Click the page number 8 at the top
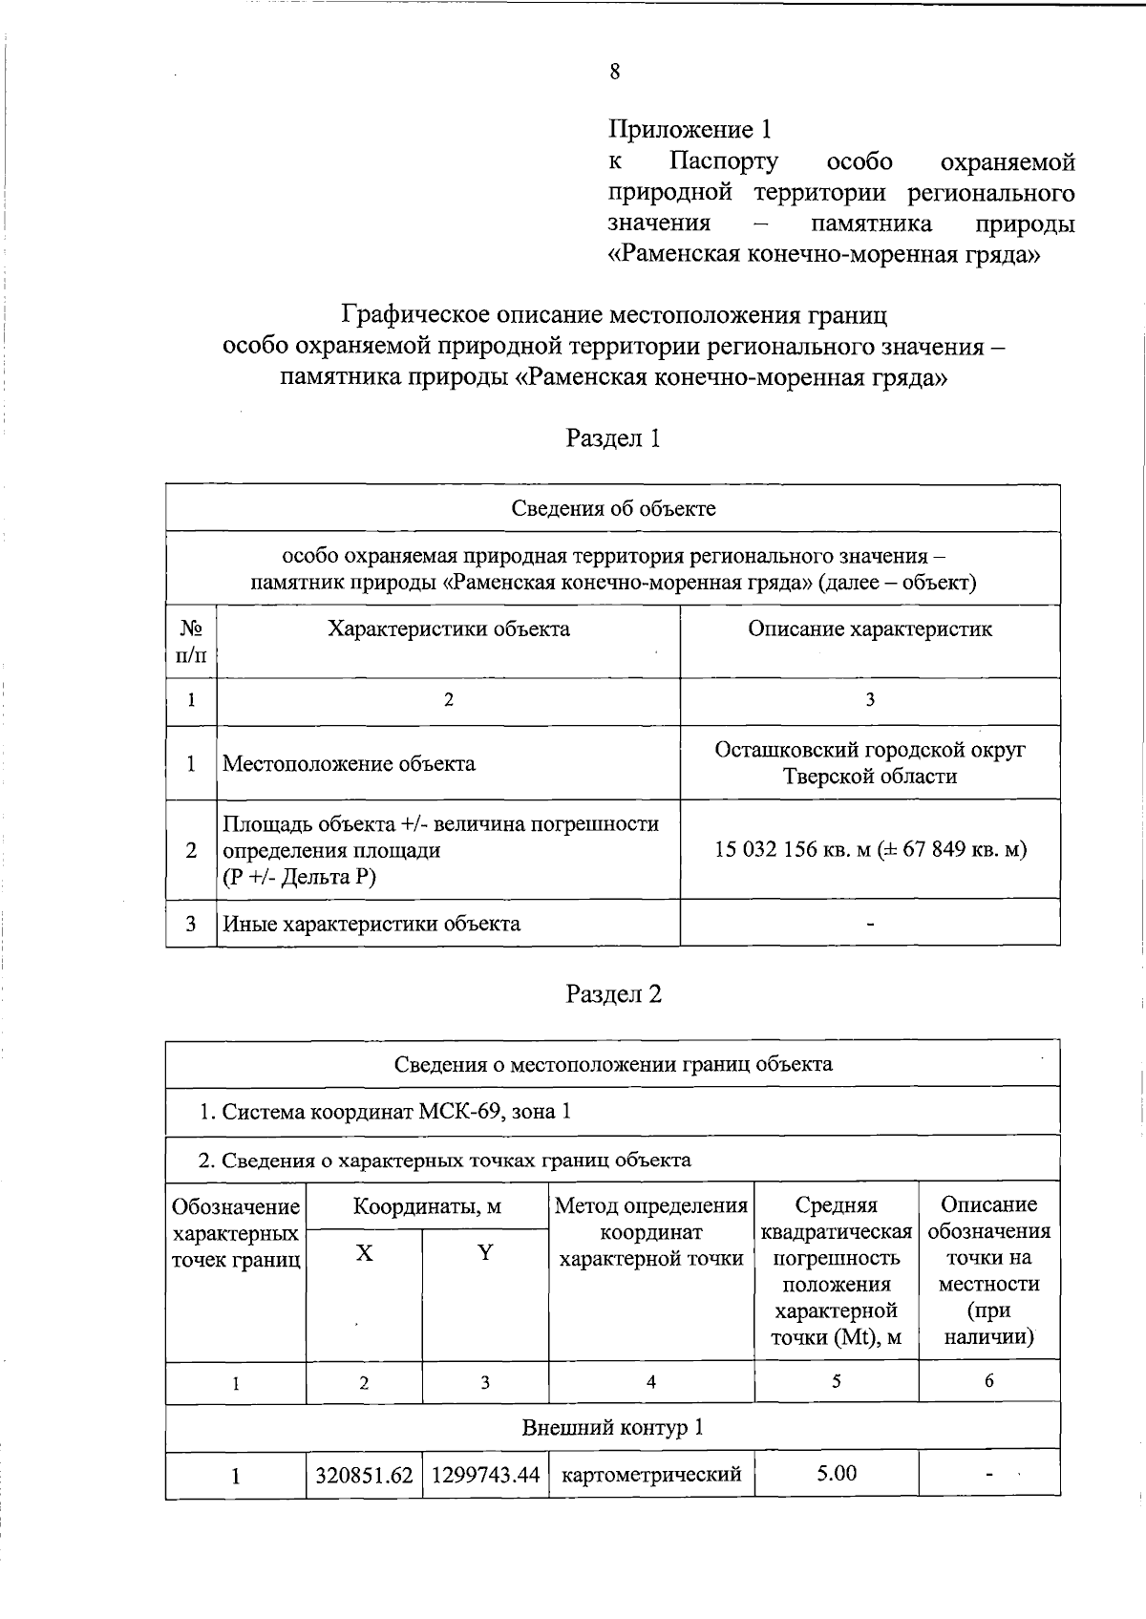[614, 73]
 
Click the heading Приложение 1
[690, 129]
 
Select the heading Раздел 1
[613, 438]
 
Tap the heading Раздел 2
[613, 994]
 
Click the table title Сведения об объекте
[613, 508]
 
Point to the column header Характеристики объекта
[449, 628]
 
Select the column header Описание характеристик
[869, 628]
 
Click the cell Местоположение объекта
[349, 764]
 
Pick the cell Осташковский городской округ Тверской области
[869, 763]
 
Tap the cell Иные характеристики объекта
[371, 924]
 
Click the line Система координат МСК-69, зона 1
[385, 1112]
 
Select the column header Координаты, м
[427, 1206]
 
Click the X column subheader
[364, 1253]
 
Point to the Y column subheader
[485, 1253]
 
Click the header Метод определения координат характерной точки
[651, 1232]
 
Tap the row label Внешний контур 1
[613, 1428]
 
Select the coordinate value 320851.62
[364, 1475]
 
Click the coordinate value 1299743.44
[485, 1475]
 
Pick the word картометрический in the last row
[651, 1475]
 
